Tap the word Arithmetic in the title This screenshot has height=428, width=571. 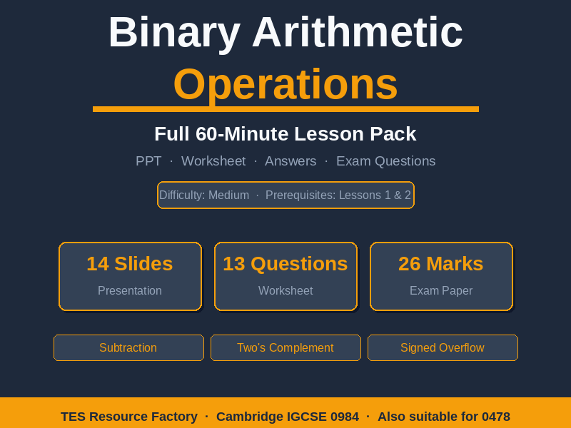tap(357, 33)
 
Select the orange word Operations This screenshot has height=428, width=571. tap(285, 84)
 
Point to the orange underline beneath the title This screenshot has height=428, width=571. tap(285, 109)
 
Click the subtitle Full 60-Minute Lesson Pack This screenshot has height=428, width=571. tap(285, 134)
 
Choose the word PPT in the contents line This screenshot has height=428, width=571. tap(148, 161)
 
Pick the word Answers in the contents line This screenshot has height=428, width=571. tap(290, 161)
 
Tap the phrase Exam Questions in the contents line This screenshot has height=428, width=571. tap(385, 161)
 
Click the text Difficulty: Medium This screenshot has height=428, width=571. tap(204, 195)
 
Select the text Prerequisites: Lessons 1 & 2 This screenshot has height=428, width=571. tap(338, 195)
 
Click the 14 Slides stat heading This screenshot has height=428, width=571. tap(130, 264)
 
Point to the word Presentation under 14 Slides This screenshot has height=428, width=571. tap(130, 291)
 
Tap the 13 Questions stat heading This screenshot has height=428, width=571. tap(285, 264)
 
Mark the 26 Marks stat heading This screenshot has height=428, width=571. tap(441, 264)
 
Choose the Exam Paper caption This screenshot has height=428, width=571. tap(441, 291)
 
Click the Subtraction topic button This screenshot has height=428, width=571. tap(128, 348)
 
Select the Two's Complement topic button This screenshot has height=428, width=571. tap(285, 348)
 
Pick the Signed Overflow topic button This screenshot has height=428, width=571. tap(443, 348)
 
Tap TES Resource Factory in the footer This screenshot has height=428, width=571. tap(129, 417)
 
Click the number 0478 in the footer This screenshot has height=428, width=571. tap(496, 417)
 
